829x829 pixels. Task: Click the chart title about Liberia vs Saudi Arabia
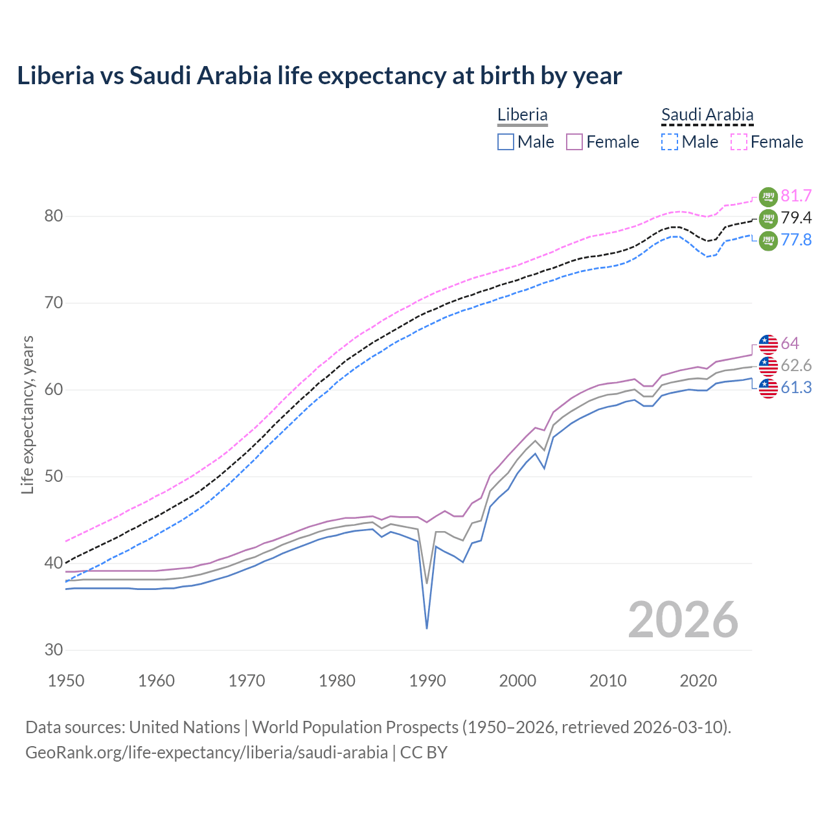pos(319,76)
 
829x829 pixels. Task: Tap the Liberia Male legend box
pos(506,142)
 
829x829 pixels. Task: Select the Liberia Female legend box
pos(574,142)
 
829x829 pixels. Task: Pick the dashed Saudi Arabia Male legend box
pos(670,142)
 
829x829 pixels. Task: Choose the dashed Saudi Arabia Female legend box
pos(739,142)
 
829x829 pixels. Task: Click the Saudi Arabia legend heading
pos(707,115)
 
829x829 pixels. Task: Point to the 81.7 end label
pos(796,196)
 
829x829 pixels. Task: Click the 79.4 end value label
pos(796,218)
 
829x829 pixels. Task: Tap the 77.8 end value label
pos(796,240)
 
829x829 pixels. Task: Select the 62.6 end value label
pos(796,365)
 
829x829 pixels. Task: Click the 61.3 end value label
pos(796,387)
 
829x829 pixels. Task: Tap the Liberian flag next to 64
pos(768,344)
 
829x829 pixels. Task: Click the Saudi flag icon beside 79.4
pos(768,218)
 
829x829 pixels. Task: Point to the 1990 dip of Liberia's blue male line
pos(427,627)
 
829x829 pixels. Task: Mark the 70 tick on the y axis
pos(54,302)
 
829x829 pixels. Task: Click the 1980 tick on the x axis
pos(337,681)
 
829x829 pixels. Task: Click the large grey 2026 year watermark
pos(683,620)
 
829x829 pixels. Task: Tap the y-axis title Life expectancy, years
pos(28,414)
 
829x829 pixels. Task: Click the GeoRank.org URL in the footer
pos(207,753)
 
